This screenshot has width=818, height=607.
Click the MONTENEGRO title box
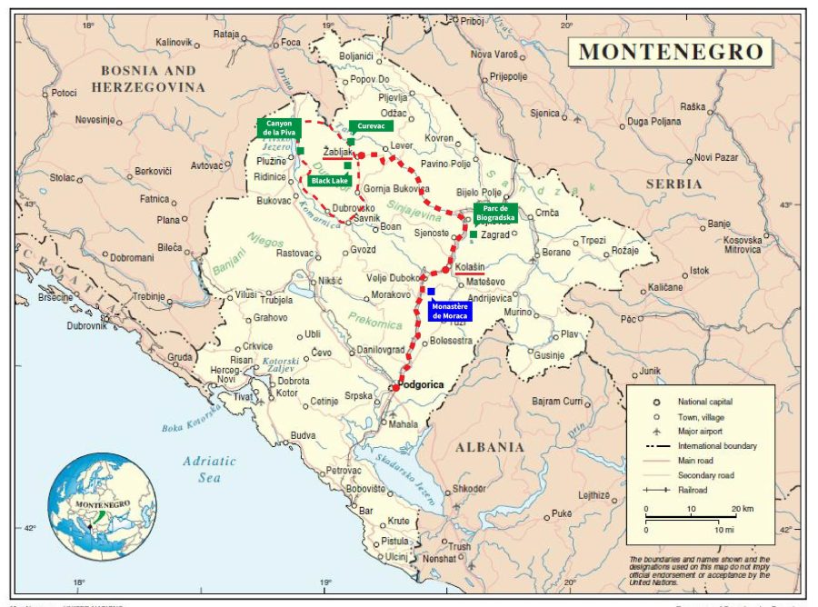point(671,51)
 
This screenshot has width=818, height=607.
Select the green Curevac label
point(371,126)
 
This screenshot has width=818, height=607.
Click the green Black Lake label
point(329,181)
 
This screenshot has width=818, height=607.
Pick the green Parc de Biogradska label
point(495,213)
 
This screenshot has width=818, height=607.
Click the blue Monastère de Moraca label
point(450,310)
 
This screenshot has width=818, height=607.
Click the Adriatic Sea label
point(209,468)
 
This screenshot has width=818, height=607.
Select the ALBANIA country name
point(491,447)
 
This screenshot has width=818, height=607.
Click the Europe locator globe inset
point(102,507)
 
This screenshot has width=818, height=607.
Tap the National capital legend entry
point(704,401)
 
